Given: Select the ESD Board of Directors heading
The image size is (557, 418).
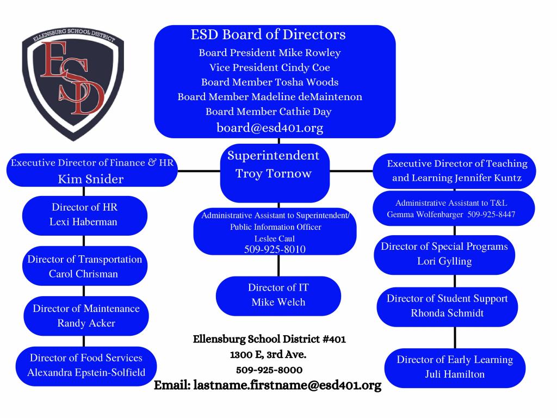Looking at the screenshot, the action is point(268,35).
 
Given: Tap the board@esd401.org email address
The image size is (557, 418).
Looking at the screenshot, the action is point(270,128).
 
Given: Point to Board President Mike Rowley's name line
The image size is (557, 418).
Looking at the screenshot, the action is point(270,53).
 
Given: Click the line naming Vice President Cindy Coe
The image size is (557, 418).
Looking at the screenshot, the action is point(270,67).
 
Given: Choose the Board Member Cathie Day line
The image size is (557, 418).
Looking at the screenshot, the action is point(269,112).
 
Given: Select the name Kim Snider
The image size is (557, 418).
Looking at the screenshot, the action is point(91,179).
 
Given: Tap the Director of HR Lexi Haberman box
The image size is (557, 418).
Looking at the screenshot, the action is point(84,214).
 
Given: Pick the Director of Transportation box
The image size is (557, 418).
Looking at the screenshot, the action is point(84,266).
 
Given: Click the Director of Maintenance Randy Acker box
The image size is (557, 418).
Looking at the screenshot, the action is point(86,316).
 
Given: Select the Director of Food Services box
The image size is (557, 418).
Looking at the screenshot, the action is point(86,365).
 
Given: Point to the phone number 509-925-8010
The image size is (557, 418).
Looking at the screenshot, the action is point(275,249).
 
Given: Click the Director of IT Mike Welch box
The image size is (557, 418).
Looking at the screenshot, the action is point(278,294).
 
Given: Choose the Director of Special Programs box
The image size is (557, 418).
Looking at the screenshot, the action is point(444,254).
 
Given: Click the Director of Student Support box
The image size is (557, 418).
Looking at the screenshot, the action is point(447,306).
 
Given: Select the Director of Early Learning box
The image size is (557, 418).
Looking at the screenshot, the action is point(455,367).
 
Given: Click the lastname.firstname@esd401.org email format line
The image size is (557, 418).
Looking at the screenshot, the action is point(268,385).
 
